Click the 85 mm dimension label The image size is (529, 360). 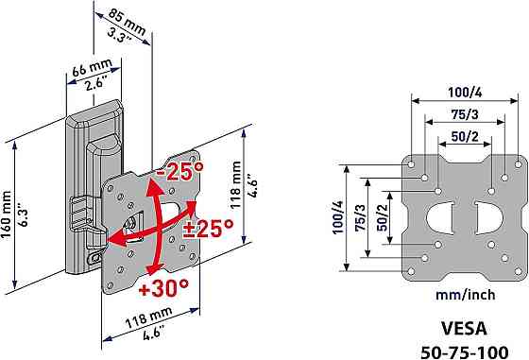pyautogui.click(x=128, y=21)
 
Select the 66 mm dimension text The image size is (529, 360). pyautogui.click(x=93, y=67)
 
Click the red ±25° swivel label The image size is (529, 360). pyautogui.click(x=209, y=229)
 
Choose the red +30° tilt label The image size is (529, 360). pyautogui.click(x=163, y=288)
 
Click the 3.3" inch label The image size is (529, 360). pyautogui.click(x=119, y=36)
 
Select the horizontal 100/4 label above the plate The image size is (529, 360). pyautogui.click(x=465, y=92)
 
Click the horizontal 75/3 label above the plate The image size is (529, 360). pyautogui.click(x=465, y=114)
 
